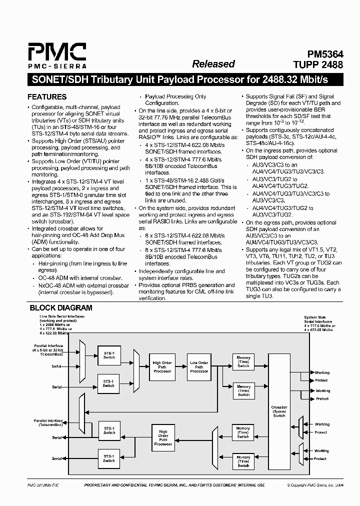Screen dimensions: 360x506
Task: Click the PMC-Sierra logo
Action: tap(56, 55)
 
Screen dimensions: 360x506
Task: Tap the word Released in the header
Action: tap(213, 64)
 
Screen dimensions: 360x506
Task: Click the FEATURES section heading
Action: tap(47, 97)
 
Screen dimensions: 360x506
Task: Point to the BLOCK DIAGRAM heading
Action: tap(61, 308)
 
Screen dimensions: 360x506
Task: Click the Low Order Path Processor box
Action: tap(199, 366)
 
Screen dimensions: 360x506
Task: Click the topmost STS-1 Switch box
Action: tap(108, 354)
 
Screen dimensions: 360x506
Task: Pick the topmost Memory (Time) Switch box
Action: tap(243, 361)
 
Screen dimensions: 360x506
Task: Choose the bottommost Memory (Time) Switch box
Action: tap(243, 461)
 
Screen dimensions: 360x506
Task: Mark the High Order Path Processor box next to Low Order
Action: tap(162, 366)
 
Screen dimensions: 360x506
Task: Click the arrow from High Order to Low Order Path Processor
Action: tap(180, 366)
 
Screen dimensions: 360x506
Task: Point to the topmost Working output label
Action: tap(322, 372)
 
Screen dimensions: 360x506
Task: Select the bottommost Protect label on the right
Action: tap(320, 458)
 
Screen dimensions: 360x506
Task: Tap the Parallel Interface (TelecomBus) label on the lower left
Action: tap(48, 422)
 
